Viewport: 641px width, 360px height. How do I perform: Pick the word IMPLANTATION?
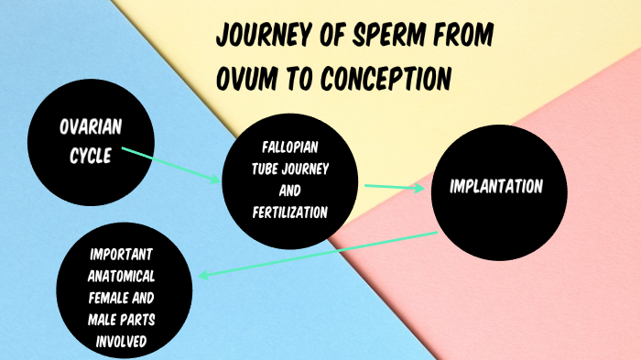pos(496,186)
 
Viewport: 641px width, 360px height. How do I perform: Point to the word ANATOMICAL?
pos(127,276)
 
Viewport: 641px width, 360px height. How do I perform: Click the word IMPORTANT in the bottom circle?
pos(127,254)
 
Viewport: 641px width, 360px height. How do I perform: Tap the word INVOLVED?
pos(126,342)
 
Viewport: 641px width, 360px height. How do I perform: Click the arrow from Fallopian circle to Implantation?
pos(395,187)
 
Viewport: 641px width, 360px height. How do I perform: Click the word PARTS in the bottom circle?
pos(147,320)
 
